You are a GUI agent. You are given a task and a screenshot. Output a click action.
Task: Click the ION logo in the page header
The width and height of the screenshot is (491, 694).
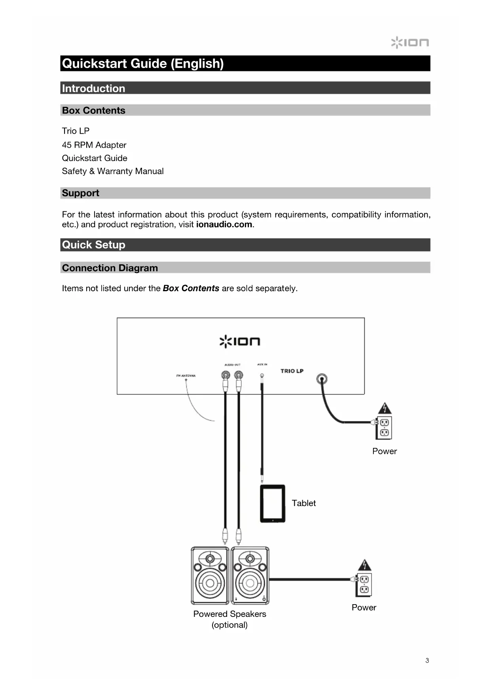410,42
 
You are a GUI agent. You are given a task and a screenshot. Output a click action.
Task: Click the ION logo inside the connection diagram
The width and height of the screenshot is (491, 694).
240,341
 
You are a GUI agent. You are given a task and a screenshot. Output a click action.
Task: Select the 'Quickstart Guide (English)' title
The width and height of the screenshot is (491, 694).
143,63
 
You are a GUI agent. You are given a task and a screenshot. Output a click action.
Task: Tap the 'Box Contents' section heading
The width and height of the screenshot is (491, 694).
94,110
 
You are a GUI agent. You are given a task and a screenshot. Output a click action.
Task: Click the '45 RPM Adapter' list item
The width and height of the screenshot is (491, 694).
94,145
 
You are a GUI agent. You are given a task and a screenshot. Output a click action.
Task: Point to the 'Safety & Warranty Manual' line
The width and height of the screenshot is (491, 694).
113,171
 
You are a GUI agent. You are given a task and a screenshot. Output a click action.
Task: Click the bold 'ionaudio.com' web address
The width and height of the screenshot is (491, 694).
224,224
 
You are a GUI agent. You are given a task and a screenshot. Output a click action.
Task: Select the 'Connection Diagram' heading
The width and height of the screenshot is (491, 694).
110,268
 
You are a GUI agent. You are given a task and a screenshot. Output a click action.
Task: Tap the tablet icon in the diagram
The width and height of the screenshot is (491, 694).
273,503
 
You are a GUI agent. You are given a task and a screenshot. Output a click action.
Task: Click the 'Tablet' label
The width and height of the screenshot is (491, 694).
304,503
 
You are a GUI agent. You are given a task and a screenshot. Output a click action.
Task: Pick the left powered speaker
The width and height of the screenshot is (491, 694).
210,576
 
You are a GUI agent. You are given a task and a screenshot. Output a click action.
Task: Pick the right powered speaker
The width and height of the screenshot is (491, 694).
250,576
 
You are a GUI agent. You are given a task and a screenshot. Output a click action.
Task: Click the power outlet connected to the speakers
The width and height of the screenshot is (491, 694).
364,585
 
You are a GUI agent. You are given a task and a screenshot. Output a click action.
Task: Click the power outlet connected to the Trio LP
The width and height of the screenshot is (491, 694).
384,428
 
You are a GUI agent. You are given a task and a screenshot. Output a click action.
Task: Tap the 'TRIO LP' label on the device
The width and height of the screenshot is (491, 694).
292,371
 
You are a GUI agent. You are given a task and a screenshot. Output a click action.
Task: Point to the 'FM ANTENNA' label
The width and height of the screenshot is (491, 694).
186,375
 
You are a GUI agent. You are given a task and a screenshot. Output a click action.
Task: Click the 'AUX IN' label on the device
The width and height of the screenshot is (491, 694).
262,364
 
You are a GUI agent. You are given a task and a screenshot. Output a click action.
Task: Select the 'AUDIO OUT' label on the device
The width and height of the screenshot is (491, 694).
232,365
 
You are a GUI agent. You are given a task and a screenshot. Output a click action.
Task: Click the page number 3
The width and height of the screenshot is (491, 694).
427,660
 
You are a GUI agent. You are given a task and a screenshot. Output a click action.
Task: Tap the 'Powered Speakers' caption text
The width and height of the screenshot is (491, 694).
229,614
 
